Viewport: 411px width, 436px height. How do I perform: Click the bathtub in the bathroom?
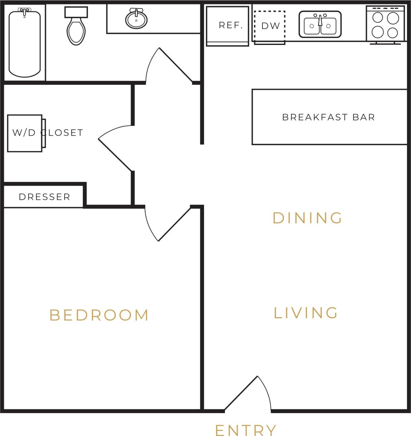24,44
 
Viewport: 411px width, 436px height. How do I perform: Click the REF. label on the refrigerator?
231,25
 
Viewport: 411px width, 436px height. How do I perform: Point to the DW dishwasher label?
270,26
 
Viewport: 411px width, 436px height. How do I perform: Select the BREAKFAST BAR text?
329,117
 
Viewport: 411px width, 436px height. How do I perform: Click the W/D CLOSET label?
47,133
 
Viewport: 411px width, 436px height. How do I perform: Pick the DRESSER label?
44,197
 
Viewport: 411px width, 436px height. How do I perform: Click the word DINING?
307,218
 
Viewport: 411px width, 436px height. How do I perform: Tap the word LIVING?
306,313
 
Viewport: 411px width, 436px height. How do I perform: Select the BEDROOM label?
99,315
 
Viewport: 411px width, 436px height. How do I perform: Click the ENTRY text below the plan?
246,430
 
